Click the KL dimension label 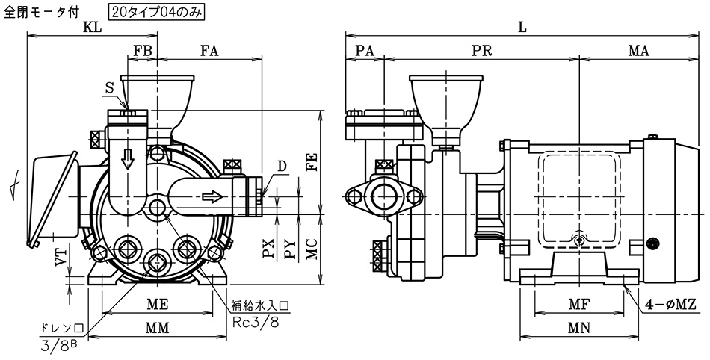coord(93,28)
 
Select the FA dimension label coord(209,52)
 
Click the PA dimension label coord(365,52)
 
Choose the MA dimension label coord(638,52)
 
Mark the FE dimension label coord(312,161)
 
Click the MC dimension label coord(312,250)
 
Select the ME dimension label coord(157,305)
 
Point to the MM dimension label coord(157,328)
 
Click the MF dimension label coord(579,305)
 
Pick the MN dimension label coord(579,328)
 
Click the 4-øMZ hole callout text coord(674,304)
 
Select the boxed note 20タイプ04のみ coord(156,11)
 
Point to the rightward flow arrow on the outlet coord(212,197)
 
